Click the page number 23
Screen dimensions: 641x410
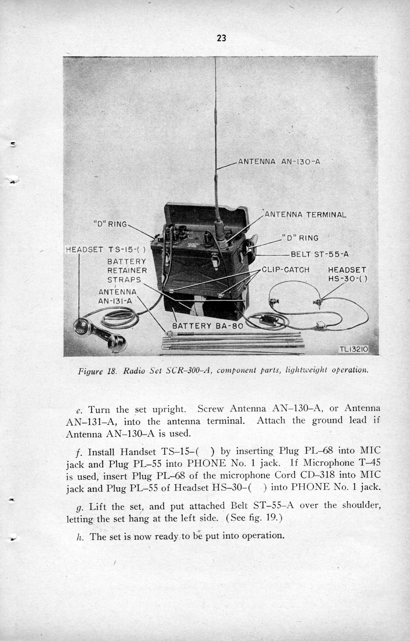(x=221, y=39)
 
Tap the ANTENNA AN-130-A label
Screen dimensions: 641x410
(x=279, y=162)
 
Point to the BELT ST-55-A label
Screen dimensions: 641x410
(x=319, y=254)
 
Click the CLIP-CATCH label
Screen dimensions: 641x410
(x=285, y=270)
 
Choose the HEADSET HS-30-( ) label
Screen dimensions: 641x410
(x=347, y=274)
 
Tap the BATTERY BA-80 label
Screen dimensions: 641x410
(x=208, y=326)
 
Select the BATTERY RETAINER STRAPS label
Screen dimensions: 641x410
(x=127, y=271)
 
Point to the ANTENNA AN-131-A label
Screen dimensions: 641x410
(x=117, y=296)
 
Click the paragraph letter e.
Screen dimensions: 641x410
(x=79, y=411)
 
